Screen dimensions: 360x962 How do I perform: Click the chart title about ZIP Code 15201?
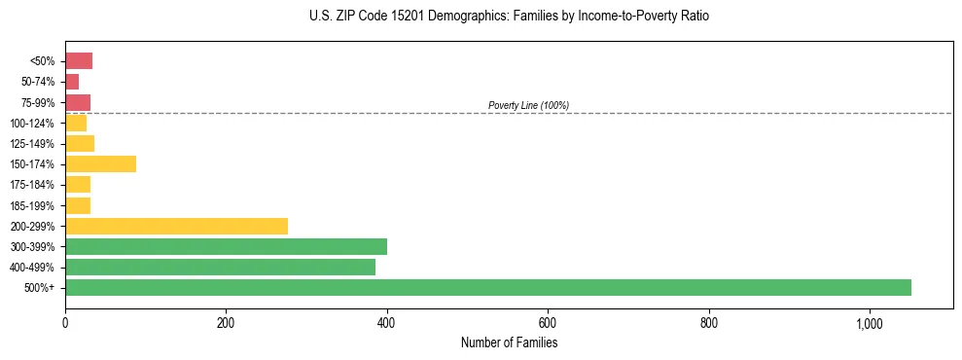(509, 17)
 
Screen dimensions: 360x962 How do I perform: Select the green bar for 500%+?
(487, 287)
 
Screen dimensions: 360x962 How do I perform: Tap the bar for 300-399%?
(226, 246)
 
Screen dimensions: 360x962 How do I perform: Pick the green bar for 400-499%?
(220, 267)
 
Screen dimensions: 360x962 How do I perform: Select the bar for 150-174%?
(100, 163)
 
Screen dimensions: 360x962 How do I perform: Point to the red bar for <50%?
(79, 60)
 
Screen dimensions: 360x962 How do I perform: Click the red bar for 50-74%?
(72, 82)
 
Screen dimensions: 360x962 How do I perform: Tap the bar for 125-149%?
(80, 143)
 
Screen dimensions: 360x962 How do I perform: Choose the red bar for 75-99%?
(78, 102)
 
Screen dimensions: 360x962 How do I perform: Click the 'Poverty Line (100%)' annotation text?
(528, 105)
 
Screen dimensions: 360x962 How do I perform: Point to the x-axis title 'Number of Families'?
(509, 342)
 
